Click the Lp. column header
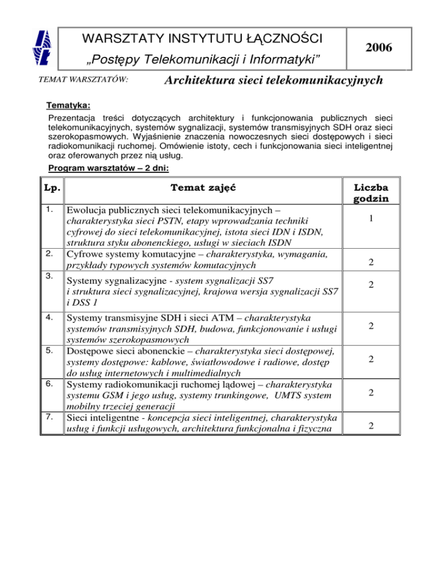click(x=52, y=187)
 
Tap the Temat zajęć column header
click(x=203, y=187)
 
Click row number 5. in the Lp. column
click(x=50, y=350)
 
